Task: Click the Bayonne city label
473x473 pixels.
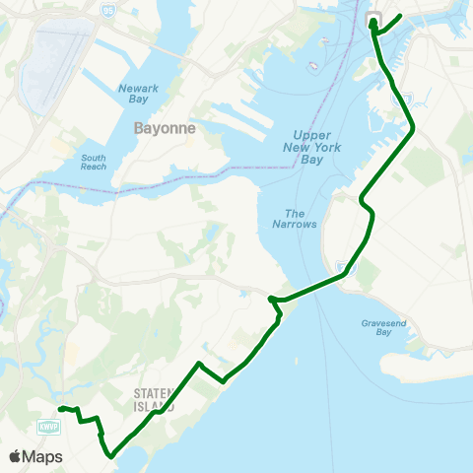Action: pos(165,128)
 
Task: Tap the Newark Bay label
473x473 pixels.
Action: pos(138,94)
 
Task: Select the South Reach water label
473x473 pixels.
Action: pos(94,162)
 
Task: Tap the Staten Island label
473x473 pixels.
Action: pos(155,399)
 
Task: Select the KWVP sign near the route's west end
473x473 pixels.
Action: pos(44,426)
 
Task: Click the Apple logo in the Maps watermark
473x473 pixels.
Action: pos(16,456)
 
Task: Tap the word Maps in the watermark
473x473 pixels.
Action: pos(43,456)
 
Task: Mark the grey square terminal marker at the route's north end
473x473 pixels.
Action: pos(374,17)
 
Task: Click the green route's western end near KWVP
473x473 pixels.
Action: pos(60,408)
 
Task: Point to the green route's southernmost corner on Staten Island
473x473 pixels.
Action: pos(111,455)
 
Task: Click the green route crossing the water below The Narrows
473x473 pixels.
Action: pos(310,288)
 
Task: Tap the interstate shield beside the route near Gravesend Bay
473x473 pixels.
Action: pos(341,265)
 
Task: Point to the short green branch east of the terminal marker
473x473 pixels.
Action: pos(390,22)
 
